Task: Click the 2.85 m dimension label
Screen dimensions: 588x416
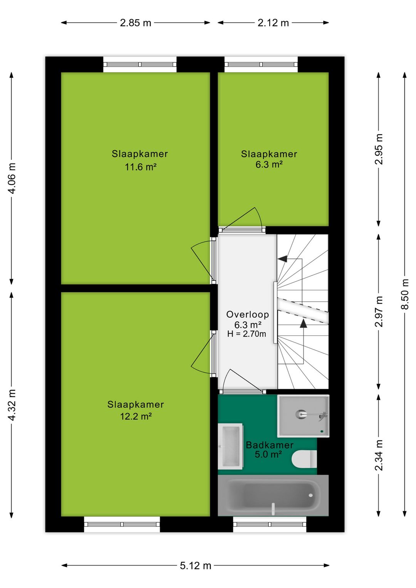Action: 136,23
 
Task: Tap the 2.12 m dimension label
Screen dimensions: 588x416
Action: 273,23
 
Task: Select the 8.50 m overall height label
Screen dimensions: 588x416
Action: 405,294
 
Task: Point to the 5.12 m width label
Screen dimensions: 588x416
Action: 195,566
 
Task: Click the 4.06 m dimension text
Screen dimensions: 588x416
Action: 12,178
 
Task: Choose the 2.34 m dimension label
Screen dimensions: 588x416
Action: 379,455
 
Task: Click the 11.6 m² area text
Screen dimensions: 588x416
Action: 140,167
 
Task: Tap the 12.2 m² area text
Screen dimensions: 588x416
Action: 136,417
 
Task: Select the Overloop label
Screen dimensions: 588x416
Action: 247,314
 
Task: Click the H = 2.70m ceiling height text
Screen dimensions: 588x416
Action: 247,334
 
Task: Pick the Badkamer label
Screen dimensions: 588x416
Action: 269,445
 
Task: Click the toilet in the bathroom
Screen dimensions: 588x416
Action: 304,459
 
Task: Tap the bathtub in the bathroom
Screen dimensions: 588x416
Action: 273,496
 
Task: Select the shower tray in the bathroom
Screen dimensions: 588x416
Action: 304,416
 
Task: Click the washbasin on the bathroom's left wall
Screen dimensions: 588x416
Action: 230,446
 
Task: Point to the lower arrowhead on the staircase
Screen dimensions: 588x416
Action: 304,323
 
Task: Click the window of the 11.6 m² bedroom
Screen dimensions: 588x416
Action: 140,64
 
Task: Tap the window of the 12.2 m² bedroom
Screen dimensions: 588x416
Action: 122,524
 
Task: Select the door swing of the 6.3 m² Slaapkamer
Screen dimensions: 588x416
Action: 247,220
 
